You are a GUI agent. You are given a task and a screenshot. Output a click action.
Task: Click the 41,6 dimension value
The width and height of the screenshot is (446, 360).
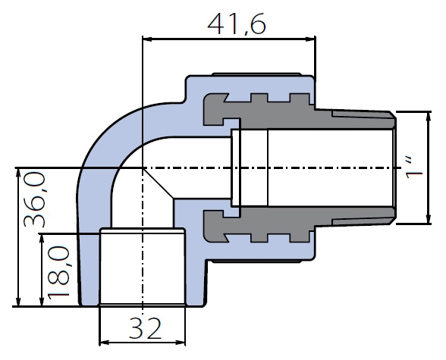coord(237,23)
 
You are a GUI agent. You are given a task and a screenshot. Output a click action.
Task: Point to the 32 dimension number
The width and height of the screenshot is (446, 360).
coord(146,328)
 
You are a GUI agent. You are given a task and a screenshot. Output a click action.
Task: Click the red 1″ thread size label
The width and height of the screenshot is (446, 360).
coord(414,167)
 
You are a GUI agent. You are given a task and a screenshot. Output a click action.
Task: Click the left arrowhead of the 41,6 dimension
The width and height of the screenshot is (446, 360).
coord(146,39)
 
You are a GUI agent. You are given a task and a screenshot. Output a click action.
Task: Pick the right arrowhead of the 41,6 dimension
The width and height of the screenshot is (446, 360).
coord(311,39)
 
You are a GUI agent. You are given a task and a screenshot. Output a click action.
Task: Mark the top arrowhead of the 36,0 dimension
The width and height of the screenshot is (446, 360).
coord(18,173)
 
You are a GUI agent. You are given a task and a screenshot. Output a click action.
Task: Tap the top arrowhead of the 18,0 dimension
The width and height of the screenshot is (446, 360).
coord(42,239)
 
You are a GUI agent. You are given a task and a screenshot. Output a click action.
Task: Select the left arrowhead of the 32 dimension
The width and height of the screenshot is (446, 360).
coord(104,343)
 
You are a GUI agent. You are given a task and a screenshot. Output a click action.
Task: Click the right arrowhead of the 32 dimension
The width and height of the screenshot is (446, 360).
coord(181,343)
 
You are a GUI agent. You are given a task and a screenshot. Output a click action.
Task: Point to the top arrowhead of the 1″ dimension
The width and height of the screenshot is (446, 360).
coord(429,117)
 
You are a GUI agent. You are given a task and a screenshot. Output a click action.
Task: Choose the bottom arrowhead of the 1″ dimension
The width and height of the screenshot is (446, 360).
coord(429,218)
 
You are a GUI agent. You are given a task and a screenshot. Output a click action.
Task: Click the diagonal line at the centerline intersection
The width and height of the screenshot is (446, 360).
coord(158,183)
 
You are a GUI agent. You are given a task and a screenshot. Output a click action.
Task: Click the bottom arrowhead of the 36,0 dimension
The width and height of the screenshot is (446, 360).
coord(18,302)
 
